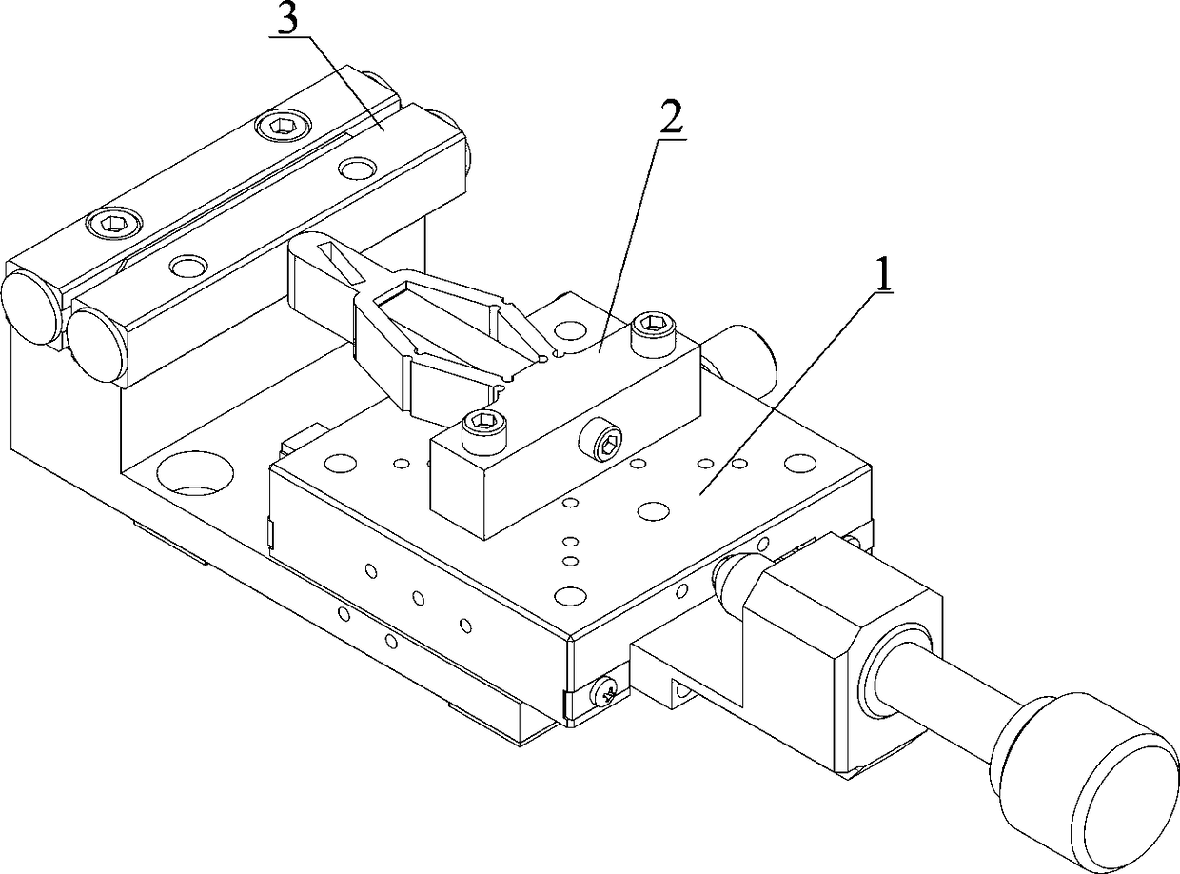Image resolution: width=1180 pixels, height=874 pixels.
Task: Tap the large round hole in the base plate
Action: click(196, 474)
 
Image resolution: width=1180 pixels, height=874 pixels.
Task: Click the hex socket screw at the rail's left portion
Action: click(114, 224)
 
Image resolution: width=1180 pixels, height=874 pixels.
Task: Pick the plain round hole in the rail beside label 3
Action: click(358, 169)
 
